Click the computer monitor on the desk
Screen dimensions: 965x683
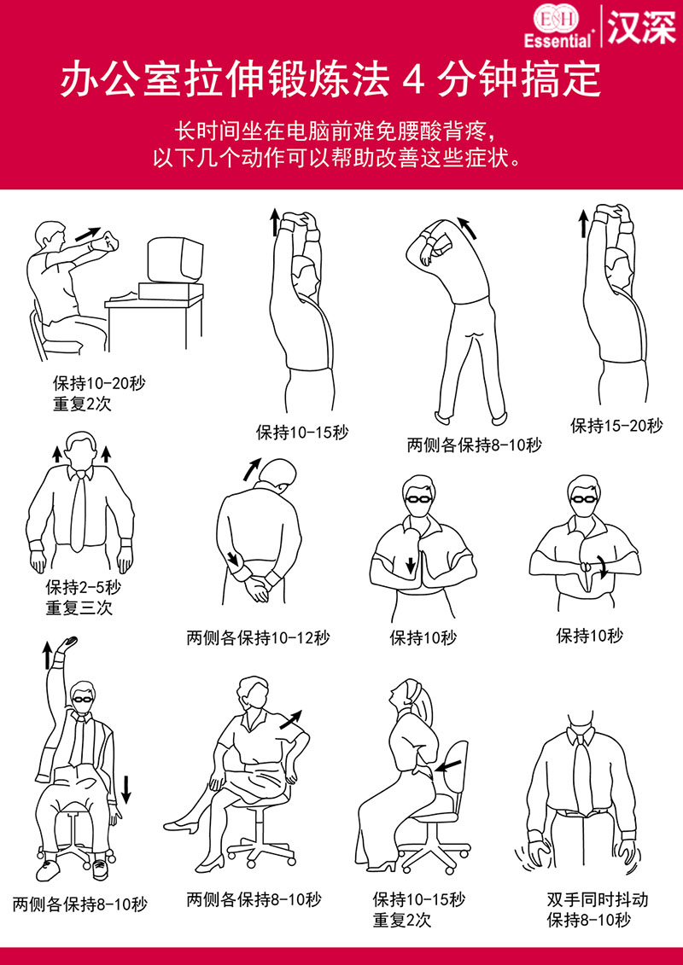pyautogui.click(x=176, y=260)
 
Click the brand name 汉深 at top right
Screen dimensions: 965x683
pyautogui.click(x=641, y=26)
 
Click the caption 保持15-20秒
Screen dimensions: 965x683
pyautogui.click(x=616, y=425)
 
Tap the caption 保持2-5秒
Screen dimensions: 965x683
pyautogui.click(x=83, y=588)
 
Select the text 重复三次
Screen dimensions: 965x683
pyautogui.click(x=79, y=608)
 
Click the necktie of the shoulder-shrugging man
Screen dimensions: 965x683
pyautogui.click(x=79, y=512)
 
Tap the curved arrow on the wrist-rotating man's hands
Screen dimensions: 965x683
pyautogui.click(x=602, y=568)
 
